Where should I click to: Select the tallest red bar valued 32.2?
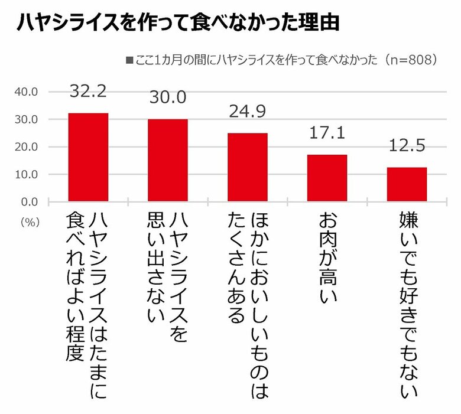[x=89, y=157]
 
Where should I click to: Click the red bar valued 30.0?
[x=168, y=160]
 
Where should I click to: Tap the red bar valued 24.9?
[x=247, y=167]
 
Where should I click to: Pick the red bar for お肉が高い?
[x=327, y=178]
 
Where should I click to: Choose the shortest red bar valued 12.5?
[x=407, y=184]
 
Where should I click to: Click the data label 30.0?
[x=168, y=98]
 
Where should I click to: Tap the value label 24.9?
[x=247, y=112]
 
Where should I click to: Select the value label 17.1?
[x=327, y=133]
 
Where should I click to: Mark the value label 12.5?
[x=407, y=146]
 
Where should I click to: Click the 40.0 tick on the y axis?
[x=26, y=92]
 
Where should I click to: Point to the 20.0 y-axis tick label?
[x=26, y=147]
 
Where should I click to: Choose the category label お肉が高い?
[x=327, y=259]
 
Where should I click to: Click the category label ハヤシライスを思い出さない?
[x=168, y=278]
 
